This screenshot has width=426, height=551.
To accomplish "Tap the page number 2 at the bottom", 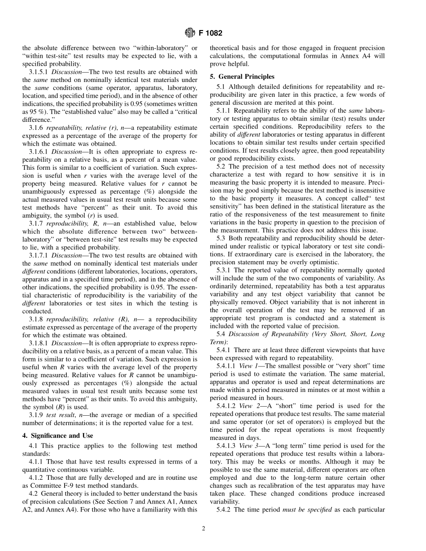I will click(x=203, y=528).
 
